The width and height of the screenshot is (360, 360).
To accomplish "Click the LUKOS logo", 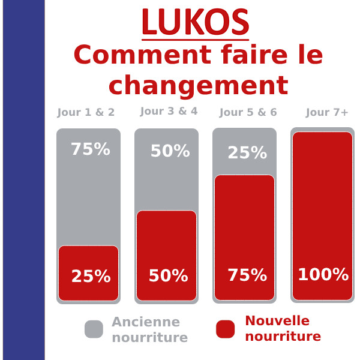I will (x=195, y=23).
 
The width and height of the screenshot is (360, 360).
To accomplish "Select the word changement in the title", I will (x=198, y=86).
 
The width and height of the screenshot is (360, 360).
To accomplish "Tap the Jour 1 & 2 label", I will (x=86, y=112).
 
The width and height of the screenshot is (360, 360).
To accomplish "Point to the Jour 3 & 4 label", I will (x=169, y=111).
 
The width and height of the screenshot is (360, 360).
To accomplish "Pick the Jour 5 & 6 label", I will (x=248, y=112).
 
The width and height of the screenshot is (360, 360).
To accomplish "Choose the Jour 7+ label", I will (x=327, y=112).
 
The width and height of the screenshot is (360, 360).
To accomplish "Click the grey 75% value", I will (x=90, y=149).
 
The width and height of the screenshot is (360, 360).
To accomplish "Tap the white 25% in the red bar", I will (x=91, y=277).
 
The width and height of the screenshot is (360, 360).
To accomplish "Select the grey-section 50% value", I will (x=170, y=151).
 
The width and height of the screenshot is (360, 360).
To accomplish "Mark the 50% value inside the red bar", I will (x=168, y=276).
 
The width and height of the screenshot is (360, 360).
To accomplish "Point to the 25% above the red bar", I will (x=247, y=153).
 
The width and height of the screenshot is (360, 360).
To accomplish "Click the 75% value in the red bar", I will (x=247, y=275).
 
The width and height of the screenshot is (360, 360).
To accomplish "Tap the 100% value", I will (x=323, y=275).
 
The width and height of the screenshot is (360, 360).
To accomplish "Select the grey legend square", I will (x=94, y=329).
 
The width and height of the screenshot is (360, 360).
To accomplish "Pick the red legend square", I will (x=225, y=329).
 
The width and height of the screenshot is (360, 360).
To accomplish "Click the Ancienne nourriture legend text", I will (x=149, y=329).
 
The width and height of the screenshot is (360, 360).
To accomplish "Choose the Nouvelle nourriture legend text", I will (x=283, y=328).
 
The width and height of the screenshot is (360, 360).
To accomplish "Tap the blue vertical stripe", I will (x=23, y=180).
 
